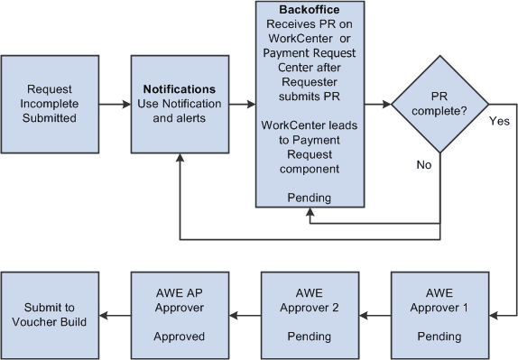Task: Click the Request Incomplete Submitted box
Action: pos(49,104)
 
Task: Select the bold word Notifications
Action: pos(179,90)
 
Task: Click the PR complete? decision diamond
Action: pos(439,105)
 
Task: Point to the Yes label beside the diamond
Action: pos(500,119)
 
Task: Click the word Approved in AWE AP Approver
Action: pos(179,337)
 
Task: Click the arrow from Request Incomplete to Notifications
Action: pos(113,105)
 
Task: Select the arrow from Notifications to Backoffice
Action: pos(243,105)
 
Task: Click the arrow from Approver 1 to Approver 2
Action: pos(375,315)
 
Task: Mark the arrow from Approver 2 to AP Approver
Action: pos(244,315)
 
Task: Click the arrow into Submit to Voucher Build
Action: pos(114,315)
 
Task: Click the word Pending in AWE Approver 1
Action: pos(439,337)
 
